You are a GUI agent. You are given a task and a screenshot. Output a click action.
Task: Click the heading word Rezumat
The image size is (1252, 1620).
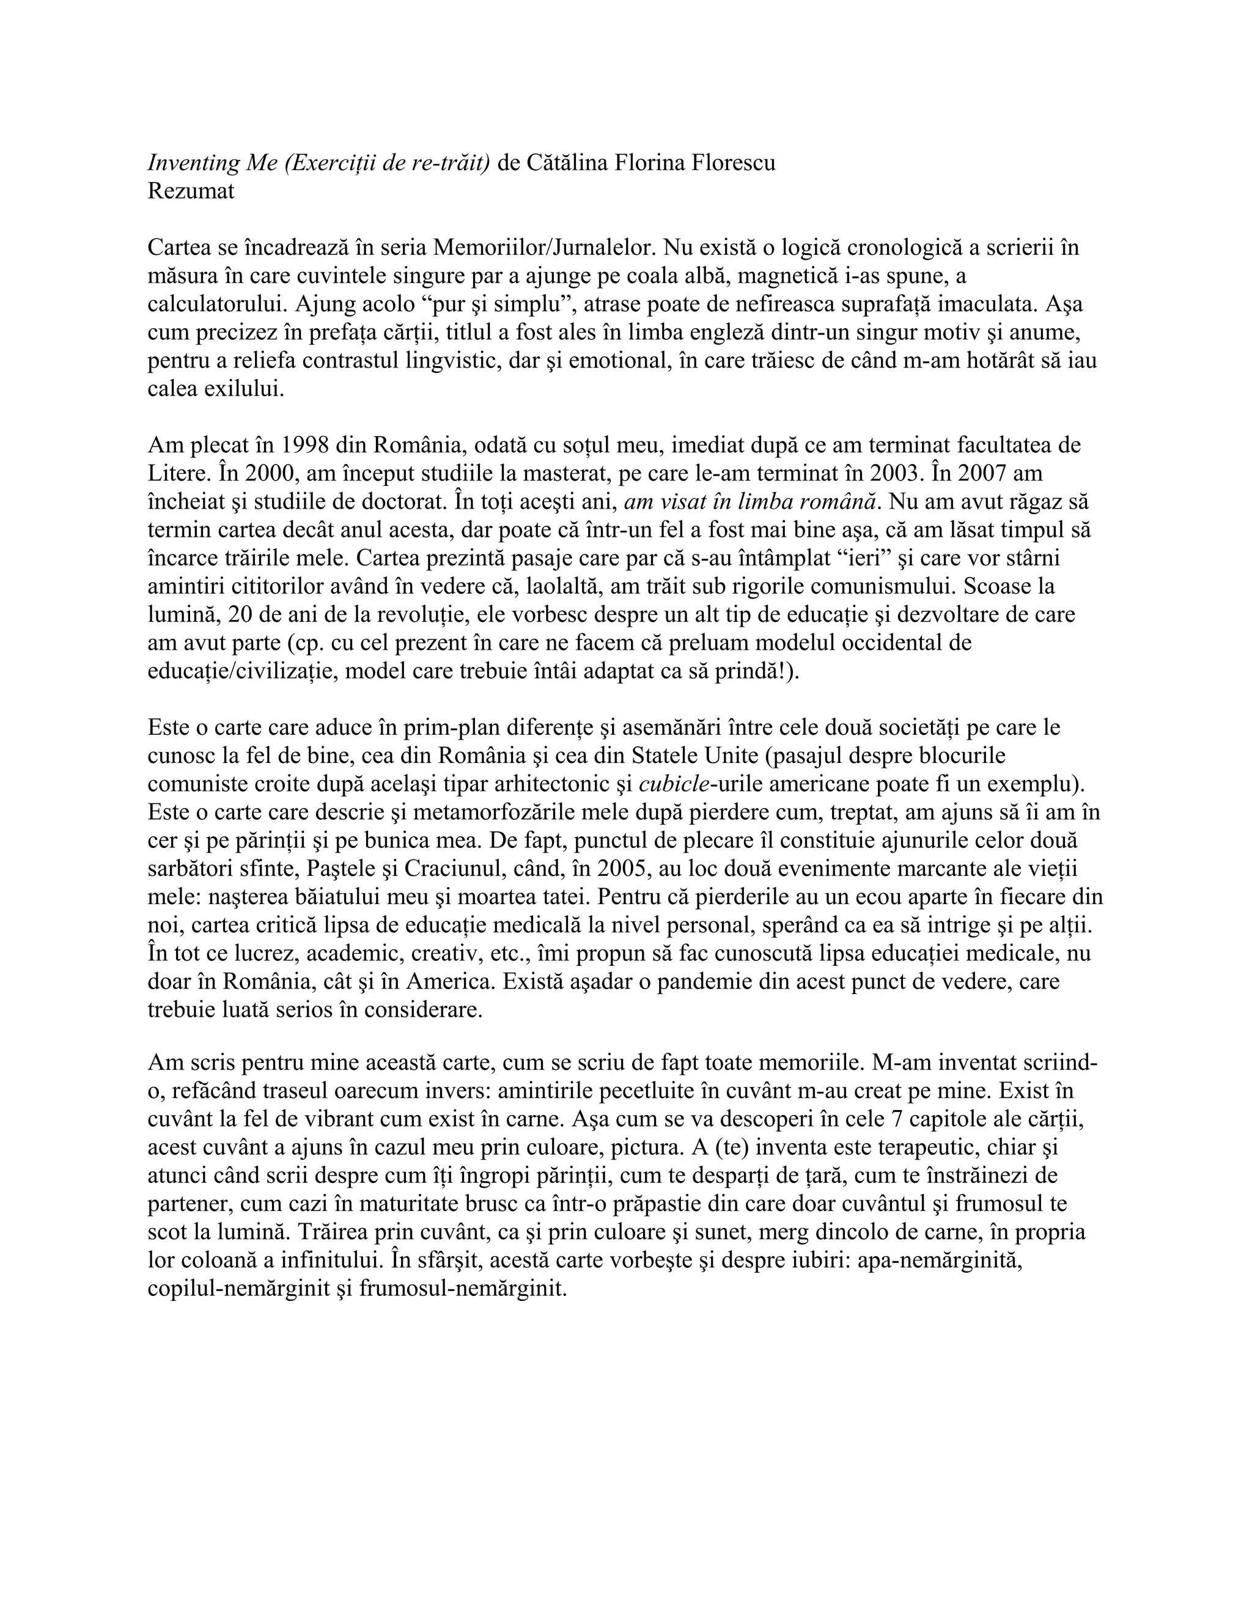(x=191, y=191)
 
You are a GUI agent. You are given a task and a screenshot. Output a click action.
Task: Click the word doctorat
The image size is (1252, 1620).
(x=403, y=501)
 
